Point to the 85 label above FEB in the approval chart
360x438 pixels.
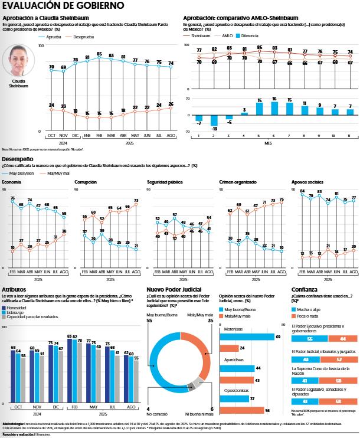pyautogui.click(x=99, y=54)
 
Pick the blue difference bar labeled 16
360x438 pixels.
pyautogui.click(x=274, y=107)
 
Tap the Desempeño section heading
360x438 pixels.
pyautogui.click(x=17, y=159)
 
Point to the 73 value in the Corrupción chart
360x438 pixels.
pyautogui.click(x=136, y=201)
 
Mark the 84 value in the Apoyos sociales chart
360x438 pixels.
pyautogui.click(x=302, y=191)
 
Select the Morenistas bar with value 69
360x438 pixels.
pyautogui.click(x=247, y=336)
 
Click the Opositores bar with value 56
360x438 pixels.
pyautogui.click(x=242, y=410)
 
